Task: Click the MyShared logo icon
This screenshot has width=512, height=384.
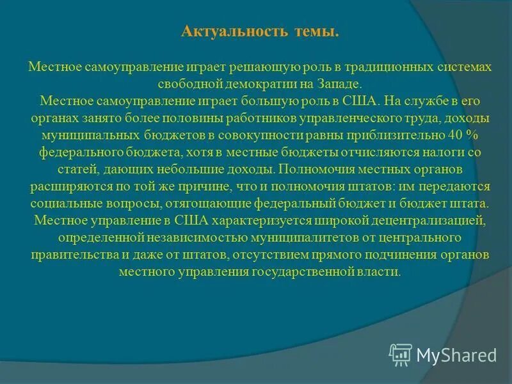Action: pos(401,354)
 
